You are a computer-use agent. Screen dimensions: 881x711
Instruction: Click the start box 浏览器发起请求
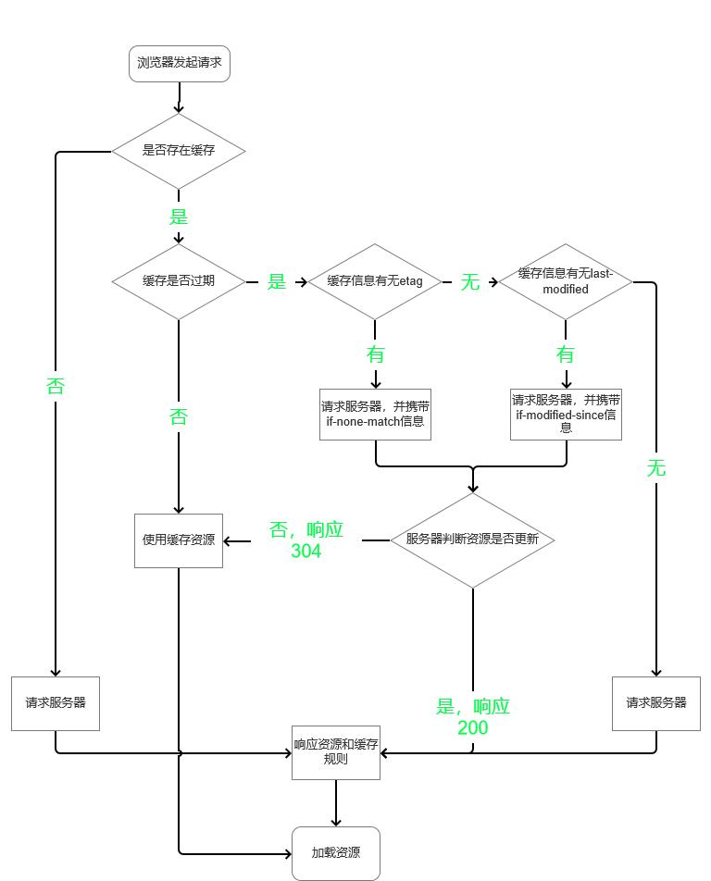[179, 64]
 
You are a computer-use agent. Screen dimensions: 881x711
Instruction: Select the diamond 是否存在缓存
[179, 150]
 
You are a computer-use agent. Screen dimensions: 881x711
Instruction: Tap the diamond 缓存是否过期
[179, 281]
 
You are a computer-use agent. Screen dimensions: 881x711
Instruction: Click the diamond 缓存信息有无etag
[375, 281]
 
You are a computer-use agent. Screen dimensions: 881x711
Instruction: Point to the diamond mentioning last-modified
[566, 281]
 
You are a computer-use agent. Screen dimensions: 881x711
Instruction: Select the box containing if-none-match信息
[375, 414]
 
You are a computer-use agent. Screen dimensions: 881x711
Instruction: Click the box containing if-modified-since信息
[566, 414]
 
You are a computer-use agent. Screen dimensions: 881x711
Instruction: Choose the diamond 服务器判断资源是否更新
[473, 540]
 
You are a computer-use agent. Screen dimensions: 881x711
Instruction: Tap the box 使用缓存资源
[179, 540]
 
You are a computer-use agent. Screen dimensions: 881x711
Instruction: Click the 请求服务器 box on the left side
[56, 703]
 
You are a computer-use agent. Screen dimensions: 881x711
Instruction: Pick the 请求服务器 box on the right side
[656, 703]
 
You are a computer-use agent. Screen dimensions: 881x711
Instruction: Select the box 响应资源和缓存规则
[335, 752]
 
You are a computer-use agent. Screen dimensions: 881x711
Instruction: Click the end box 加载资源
[335, 853]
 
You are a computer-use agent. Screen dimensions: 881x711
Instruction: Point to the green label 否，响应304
[306, 540]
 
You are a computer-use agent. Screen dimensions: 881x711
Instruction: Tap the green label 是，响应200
[473, 716]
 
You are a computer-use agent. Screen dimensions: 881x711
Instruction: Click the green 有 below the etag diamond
[375, 354]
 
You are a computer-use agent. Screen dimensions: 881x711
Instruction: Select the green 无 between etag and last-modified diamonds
[470, 282]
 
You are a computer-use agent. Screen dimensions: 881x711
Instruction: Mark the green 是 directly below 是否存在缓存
[179, 217]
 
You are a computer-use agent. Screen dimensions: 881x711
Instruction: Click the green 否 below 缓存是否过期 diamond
[179, 417]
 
